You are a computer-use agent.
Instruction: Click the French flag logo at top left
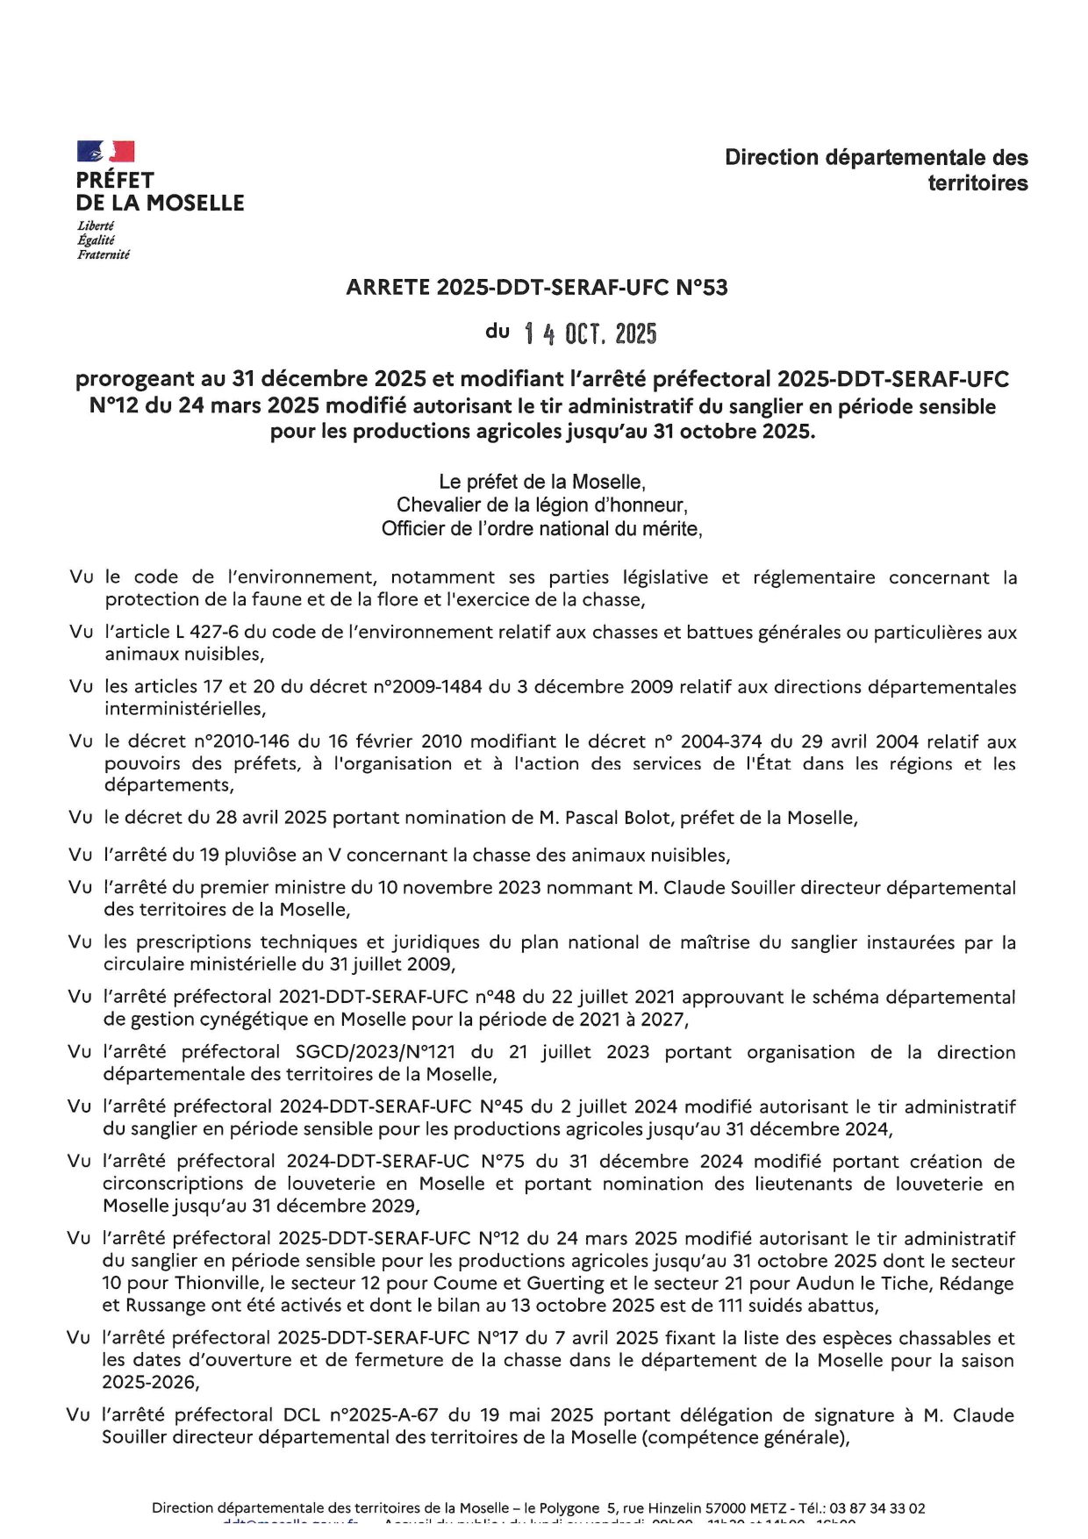click(x=105, y=151)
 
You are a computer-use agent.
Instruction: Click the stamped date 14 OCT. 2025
click(x=590, y=334)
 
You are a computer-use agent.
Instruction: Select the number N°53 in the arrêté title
click(x=702, y=288)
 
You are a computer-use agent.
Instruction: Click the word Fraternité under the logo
click(x=104, y=254)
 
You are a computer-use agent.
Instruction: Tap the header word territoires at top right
click(x=977, y=183)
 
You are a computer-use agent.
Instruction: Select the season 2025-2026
click(x=148, y=1382)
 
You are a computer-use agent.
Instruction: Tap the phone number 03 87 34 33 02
click(x=876, y=1508)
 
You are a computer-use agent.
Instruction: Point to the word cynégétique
click(x=225, y=1020)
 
